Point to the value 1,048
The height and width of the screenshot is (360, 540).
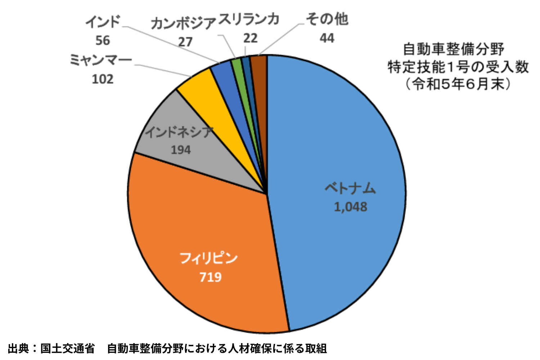click(x=351, y=207)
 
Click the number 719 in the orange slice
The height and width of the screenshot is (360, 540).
click(x=210, y=277)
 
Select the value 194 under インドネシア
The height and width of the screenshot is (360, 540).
click(x=181, y=150)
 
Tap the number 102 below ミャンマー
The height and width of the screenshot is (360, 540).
click(x=103, y=79)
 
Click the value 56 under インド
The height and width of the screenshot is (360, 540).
click(x=103, y=40)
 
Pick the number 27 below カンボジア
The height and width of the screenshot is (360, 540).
click(x=185, y=42)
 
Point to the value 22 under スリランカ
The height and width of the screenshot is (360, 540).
click(x=250, y=38)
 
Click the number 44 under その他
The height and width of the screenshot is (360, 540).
click(x=327, y=38)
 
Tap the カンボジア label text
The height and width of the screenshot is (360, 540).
click(x=183, y=23)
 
